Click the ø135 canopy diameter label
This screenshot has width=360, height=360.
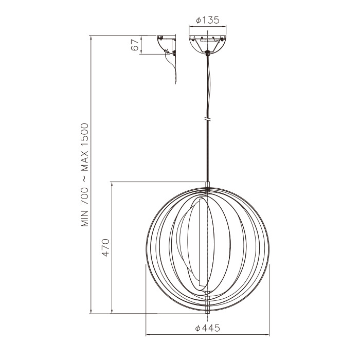click(x=208, y=21)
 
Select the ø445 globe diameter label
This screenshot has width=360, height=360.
click(x=208, y=328)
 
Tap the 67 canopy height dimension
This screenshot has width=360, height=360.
click(x=135, y=45)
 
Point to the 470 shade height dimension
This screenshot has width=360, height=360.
click(x=105, y=248)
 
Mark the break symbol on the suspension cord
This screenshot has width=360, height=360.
click(x=207, y=119)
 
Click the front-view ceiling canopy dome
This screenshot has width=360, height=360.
click(x=207, y=43)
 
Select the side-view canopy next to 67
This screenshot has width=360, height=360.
click(x=166, y=43)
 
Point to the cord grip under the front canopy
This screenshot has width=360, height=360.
click(x=207, y=52)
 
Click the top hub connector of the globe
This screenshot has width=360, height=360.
click(x=207, y=186)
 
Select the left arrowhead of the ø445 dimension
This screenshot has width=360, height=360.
click(x=148, y=334)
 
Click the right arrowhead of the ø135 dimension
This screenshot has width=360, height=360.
click(x=225, y=27)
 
